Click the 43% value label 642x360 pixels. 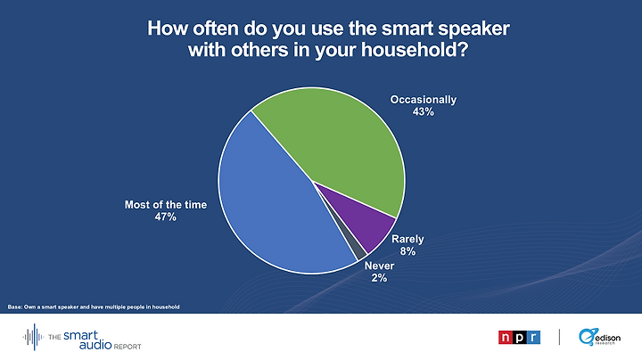(423, 111)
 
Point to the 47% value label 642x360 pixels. (166, 217)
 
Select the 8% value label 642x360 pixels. (407, 251)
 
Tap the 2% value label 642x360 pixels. (379, 278)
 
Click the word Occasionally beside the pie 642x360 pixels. (423, 100)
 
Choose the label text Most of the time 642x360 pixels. (166, 205)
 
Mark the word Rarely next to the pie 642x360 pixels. (407, 240)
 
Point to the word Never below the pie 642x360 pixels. (379, 266)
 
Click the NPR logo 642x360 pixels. (519, 337)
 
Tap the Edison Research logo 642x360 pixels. (599, 337)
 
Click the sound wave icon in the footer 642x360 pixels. (33, 337)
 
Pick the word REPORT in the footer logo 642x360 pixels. (128, 347)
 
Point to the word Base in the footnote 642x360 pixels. (14, 307)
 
